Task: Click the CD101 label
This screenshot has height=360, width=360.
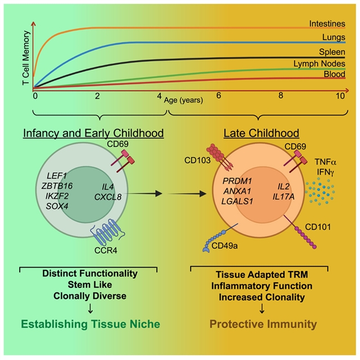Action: point(333,228)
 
